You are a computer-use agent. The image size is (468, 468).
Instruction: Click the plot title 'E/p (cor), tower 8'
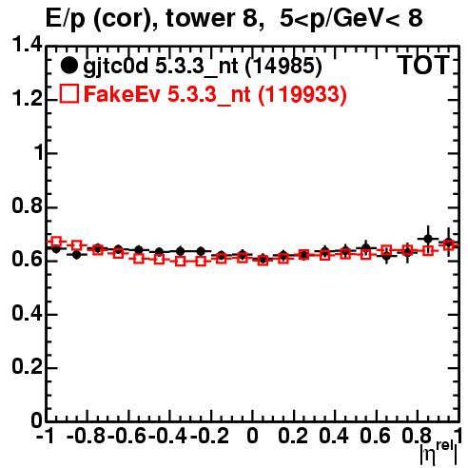(151, 19)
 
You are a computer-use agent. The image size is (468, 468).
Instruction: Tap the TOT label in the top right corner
(423, 66)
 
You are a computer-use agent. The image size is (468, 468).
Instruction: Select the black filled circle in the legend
(68, 66)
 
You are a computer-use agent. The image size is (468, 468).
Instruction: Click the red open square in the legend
(68, 93)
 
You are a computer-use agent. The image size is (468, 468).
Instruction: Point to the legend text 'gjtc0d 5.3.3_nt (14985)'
(203, 67)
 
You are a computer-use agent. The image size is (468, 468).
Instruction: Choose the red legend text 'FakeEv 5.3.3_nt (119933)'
(216, 94)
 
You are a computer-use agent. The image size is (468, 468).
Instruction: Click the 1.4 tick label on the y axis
(27, 46)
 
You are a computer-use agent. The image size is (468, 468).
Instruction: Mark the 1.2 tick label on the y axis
(27, 99)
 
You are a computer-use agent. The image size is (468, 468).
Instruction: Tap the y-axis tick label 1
(38, 153)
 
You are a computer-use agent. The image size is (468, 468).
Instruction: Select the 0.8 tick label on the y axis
(27, 206)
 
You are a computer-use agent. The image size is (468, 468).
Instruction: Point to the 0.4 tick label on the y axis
(27, 313)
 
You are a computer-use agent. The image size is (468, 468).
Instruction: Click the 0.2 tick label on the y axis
(27, 367)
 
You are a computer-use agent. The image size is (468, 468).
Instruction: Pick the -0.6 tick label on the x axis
(127, 437)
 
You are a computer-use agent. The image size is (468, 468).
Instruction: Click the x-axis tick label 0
(252, 437)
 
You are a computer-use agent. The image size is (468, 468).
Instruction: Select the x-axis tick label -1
(46, 437)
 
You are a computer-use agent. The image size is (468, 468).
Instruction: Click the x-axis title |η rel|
(439, 452)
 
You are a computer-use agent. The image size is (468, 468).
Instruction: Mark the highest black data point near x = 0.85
(428, 239)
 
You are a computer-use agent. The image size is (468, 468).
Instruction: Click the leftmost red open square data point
(56, 242)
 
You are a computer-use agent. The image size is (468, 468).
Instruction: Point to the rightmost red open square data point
(449, 245)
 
